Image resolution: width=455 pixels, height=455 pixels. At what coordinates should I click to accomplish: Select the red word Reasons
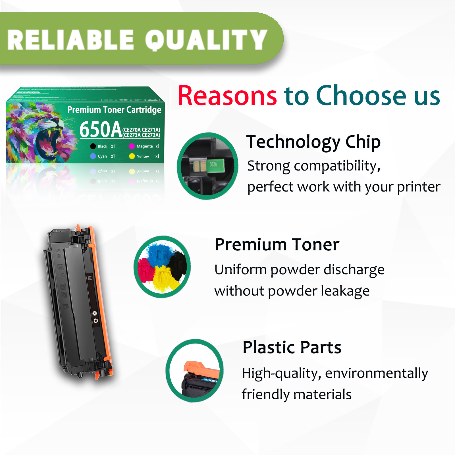[x=227, y=96]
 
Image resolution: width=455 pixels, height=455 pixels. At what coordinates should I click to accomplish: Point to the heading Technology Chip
[x=313, y=142]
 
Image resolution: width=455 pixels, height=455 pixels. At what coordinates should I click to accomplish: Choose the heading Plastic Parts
[x=292, y=347]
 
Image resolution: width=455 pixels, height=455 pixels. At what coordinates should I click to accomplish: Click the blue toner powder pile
[x=159, y=253]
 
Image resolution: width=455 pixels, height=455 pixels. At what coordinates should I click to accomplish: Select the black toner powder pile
[x=178, y=264]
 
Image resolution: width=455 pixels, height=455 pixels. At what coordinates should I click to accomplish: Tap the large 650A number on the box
[x=101, y=130]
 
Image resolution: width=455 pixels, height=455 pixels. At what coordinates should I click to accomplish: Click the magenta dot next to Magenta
[x=132, y=146]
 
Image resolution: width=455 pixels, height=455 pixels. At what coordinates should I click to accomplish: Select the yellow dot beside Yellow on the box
[x=132, y=156]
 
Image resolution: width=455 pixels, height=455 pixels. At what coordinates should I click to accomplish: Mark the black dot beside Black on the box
[x=93, y=146]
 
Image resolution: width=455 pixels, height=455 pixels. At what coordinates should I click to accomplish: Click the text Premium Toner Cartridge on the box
[x=114, y=110]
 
